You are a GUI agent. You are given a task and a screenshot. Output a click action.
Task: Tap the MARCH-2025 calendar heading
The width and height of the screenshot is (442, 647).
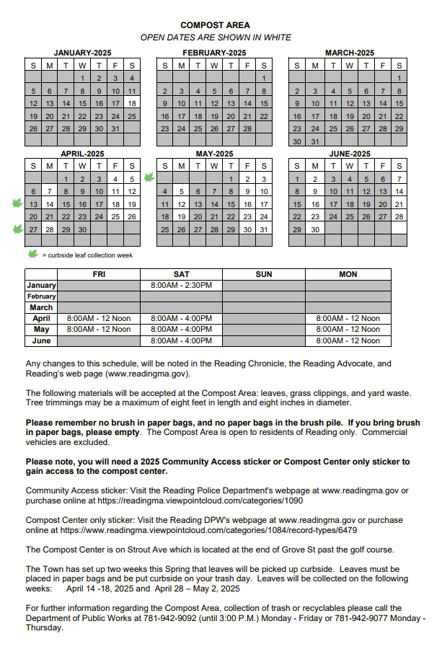click(x=349, y=53)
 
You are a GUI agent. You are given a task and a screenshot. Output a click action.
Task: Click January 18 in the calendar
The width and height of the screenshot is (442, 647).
click(x=132, y=103)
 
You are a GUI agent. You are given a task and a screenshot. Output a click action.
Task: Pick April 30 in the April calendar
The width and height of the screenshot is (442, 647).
click(x=82, y=229)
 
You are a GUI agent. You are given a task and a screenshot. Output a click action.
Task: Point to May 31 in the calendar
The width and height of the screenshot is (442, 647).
click(x=264, y=229)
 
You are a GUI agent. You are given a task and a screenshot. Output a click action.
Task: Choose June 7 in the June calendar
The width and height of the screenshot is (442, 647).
click(x=399, y=179)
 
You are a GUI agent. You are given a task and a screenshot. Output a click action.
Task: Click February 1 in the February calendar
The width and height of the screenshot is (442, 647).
click(x=264, y=78)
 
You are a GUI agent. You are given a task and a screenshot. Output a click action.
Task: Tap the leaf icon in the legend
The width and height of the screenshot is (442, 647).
click(x=32, y=254)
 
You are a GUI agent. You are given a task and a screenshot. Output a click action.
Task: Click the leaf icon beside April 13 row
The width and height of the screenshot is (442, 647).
click(x=17, y=204)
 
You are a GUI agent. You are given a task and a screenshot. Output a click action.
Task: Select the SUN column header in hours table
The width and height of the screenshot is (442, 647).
click(x=264, y=274)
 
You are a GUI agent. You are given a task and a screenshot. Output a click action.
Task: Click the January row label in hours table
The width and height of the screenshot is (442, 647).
click(x=42, y=285)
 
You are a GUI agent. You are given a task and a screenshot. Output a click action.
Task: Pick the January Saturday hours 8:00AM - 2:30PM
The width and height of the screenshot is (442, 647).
click(x=181, y=285)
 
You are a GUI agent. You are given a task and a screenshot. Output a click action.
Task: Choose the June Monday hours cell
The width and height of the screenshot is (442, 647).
click(x=348, y=340)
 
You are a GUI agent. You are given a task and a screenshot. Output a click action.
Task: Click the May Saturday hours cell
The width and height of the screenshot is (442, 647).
click(x=181, y=329)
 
